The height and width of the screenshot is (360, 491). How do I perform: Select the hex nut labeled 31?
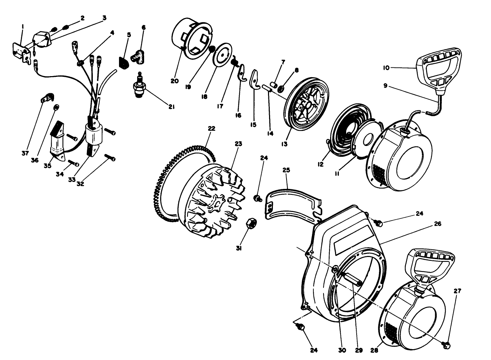[251, 224]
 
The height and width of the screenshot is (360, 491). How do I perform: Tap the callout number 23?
[238, 144]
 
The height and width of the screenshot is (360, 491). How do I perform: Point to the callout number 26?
[438, 224]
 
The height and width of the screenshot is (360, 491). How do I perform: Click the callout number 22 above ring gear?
[211, 128]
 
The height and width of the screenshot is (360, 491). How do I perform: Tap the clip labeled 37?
[46, 98]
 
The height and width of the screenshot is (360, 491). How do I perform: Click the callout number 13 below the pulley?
[285, 144]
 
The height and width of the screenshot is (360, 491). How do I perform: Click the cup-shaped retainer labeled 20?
[192, 38]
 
